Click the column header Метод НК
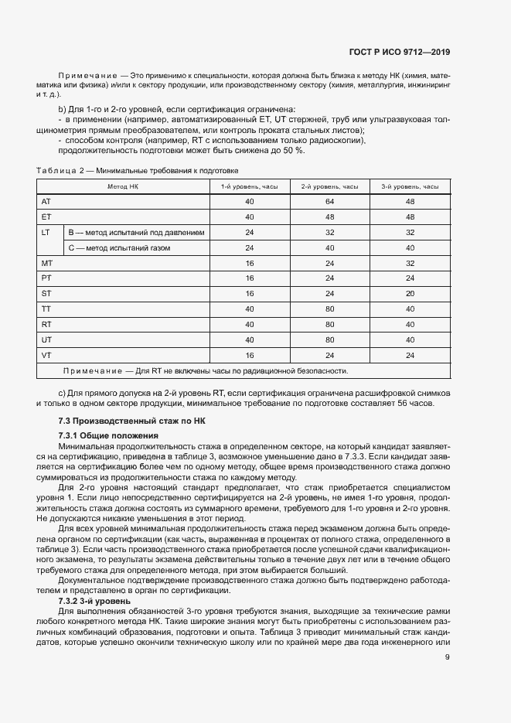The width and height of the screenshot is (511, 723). (123, 186)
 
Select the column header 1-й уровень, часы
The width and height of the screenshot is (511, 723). (249, 186)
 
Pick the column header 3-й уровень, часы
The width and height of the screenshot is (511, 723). (410, 186)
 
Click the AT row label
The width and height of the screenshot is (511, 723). (46, 201)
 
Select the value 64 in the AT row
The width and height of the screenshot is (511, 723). (329, 201)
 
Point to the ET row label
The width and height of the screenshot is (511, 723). (46, 217)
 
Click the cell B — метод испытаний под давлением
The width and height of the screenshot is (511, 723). (136, 232)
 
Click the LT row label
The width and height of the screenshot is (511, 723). (46, 232)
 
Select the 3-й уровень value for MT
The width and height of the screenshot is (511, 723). (410, 263)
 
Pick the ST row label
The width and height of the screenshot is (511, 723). (46, 293)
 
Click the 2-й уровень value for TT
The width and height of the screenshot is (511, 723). (329, 309)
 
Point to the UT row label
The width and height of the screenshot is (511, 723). (46, 339)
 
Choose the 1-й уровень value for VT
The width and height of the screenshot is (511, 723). (249, 354)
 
